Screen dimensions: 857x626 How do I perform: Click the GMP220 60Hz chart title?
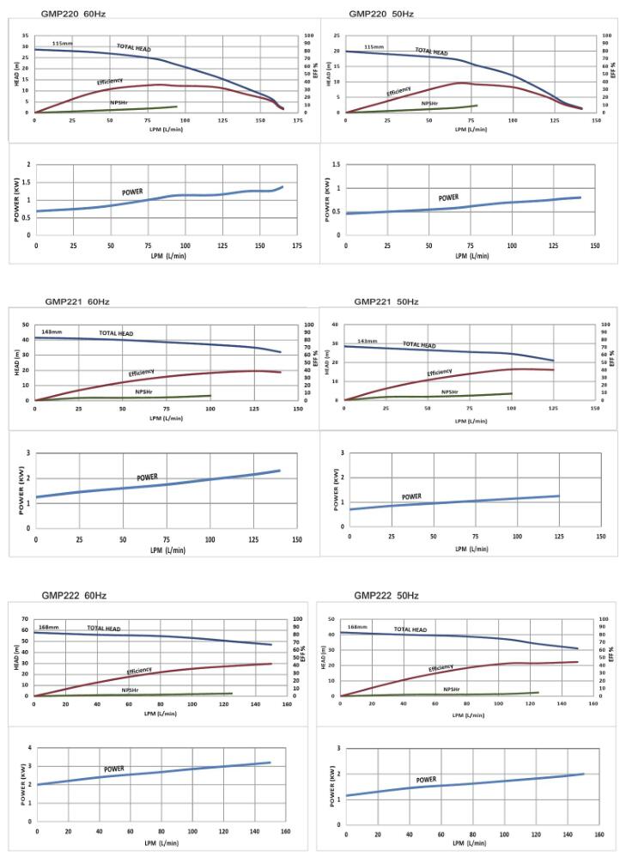(x=74, y=15)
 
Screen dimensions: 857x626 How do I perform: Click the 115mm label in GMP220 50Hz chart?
(x=374, y=47)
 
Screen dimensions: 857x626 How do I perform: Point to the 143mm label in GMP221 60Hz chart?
(x=52, y=332)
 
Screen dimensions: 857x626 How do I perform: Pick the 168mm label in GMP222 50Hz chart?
(x=356, y=627)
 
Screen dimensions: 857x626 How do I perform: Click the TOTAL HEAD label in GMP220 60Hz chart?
(x=134, y=47)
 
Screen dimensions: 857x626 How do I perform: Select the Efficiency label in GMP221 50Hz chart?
(x=439, y=373)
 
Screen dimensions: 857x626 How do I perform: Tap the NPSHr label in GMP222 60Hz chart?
(x=131, y=690)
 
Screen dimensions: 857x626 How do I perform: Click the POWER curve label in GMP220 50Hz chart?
(x=448, y=198)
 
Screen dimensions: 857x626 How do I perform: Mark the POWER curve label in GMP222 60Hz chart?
(x=115, y=769)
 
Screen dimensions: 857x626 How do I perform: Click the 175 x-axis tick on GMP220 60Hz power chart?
(x=297, y=246)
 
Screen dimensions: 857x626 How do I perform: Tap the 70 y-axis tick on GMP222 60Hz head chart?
(x=26, y=619)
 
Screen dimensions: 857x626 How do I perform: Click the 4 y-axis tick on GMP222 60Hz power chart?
(x=29, y=748)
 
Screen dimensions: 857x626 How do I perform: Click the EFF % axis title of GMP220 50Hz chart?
(x=616, y=74)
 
